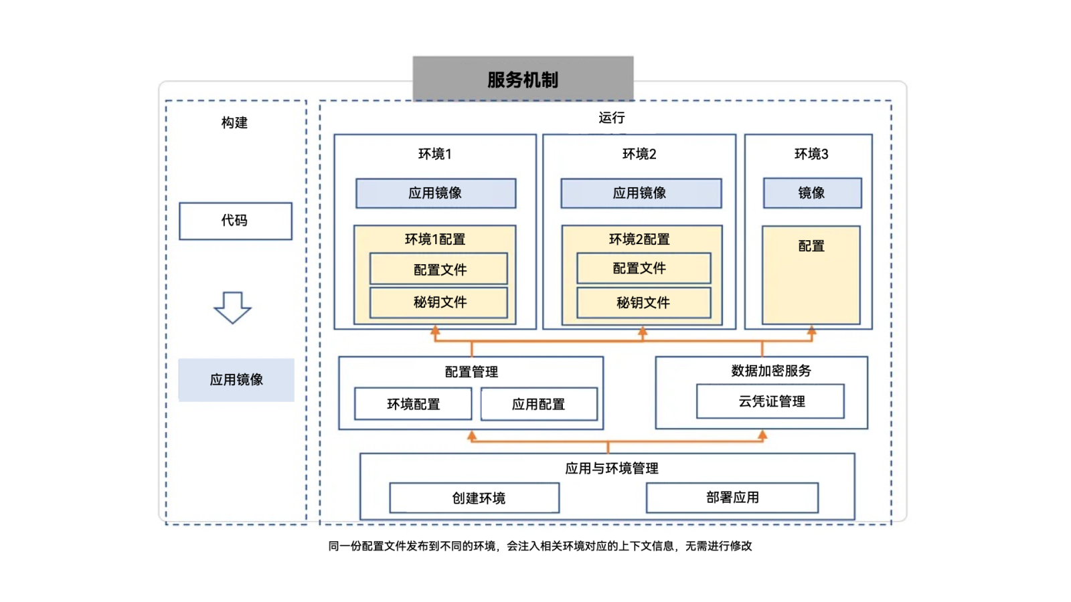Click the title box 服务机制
coord(523,79)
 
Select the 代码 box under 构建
coord(236,221)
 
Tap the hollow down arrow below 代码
coord(232,308)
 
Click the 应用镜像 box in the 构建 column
coord(236,380)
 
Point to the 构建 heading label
coord(234,122)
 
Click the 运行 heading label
coord(611,118)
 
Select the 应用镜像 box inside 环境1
coord(436,193)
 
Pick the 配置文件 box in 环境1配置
coord(439,270)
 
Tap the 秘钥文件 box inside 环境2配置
coord(643,303)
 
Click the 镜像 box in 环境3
coord(812,193)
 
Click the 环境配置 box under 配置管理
coord(413,404)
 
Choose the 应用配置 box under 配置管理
coord(539,404)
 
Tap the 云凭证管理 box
coord(770,401)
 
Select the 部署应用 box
coord(732,498)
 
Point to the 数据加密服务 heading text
coord(770,371)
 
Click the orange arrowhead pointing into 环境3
coord(812,330)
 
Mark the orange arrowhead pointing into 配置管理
coord(472,436)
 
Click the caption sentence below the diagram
coord(540,546)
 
